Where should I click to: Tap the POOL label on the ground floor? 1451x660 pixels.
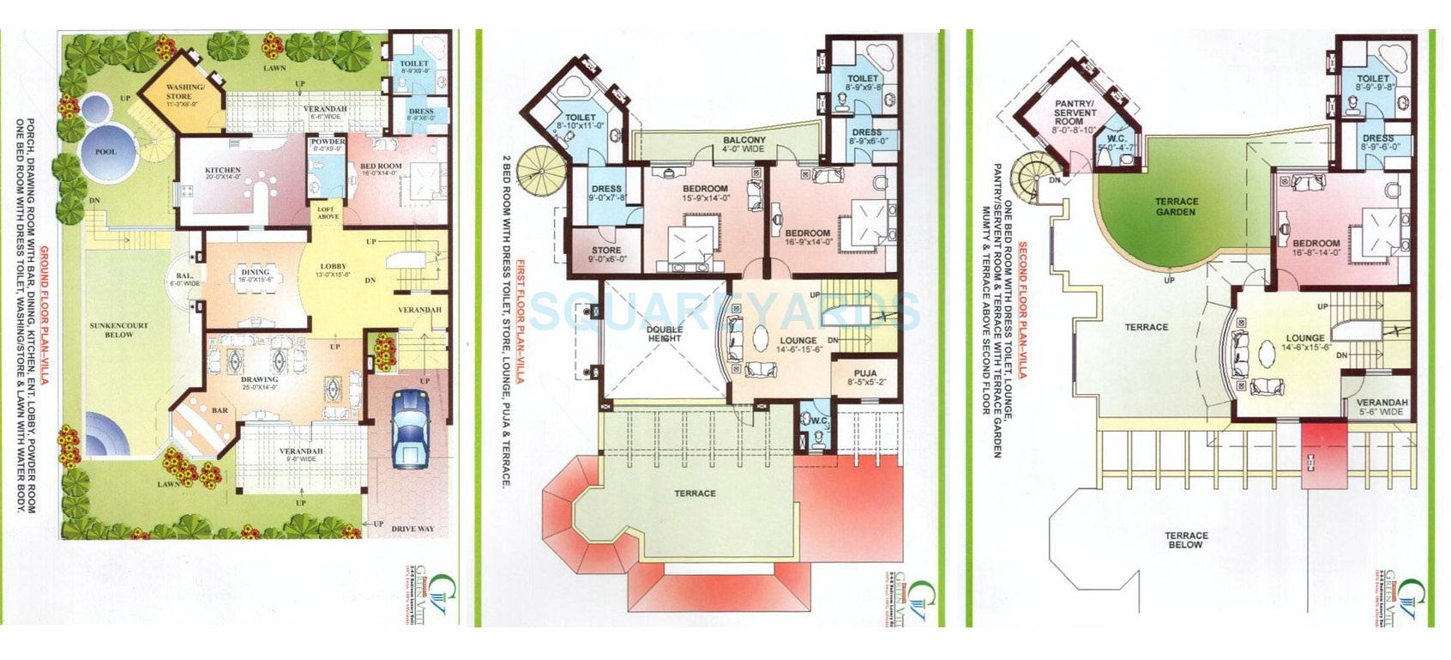pyautogui.click(x=105, y=152)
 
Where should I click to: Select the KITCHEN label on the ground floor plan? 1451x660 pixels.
pyautogui.click(x=222, y=170)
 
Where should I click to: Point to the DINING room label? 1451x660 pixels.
pyautogui.click(x=256, y=272)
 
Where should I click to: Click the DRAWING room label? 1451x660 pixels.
pyautogui.click(x=259, y=378)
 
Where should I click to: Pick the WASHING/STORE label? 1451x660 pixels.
pyautogui.click(x=184, y=92)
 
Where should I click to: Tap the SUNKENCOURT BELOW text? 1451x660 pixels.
pyautogui.click(x=119, y=330)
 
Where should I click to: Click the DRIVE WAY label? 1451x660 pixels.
pyautogui.click(x=412, y=529)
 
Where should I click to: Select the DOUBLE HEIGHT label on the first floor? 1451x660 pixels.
pyautogui.click(x=665, y=334)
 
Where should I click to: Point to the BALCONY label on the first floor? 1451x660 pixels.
pyautogui.click(x=744, y=140)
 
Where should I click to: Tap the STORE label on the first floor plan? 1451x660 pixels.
pyautogui.click(x=606, y=251)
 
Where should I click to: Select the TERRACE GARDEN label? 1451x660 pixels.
pyautogui.click(x=1176, y=207)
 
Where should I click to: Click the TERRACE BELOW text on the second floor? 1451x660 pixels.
pyautogui.click(x=1186, y=540)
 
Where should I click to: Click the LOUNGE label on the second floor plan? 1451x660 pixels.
pyautogui.click(x=1304, y=338)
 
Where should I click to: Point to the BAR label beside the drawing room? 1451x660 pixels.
pyautogui.click(x=220, y=410)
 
